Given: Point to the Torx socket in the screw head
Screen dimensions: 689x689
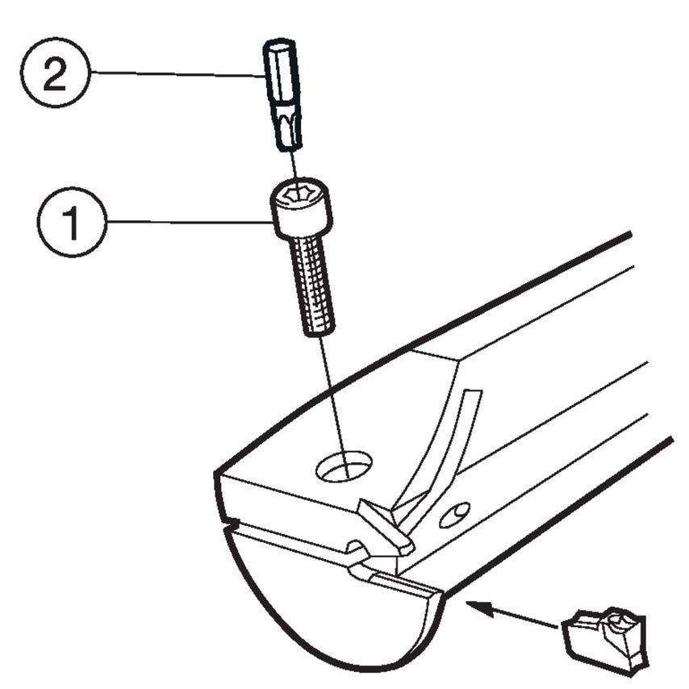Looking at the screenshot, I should (299, 194).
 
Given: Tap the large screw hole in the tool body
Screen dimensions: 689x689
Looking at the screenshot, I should (344, 467).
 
